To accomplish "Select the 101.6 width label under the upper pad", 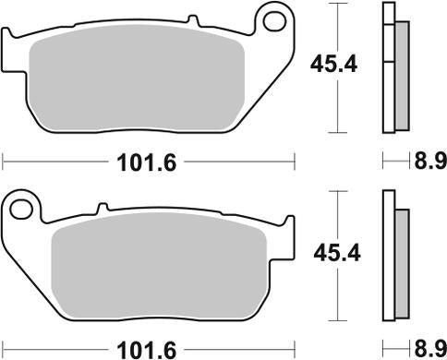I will pyautogui.click(x=138, y=163).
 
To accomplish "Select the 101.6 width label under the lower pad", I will pyautogui.click(x=138, y=348).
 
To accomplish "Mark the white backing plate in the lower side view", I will pyautogui.click(x=388, y=268).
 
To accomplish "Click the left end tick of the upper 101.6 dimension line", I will pyautogui.click(x=4, y=163).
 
